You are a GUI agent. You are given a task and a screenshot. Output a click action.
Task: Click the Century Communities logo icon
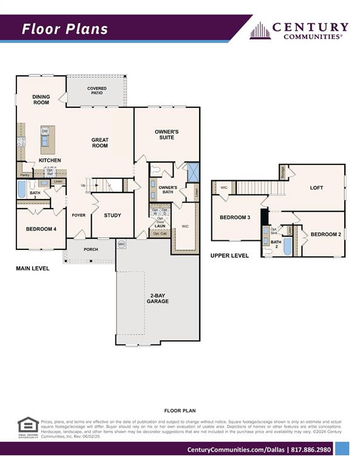click(260, 30)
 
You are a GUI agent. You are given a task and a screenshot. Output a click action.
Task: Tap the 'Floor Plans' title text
click(65, 29)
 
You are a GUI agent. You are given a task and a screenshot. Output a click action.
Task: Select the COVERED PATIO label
click(97, 91)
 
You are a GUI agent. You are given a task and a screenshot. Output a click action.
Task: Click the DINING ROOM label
click(41, 100)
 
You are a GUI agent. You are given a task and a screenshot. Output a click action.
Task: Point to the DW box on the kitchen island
click(45, 131)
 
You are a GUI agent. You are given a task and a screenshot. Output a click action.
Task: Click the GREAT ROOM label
click(100, 143)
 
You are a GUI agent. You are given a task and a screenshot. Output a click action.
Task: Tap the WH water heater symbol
click(121, 244)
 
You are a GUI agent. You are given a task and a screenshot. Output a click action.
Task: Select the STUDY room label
click(112, 215)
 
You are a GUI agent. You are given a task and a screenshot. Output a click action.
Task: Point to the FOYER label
click(79, 215)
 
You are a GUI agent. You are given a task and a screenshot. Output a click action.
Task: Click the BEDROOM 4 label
click(41, 229)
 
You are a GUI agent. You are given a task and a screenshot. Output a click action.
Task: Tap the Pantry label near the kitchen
click(24, 175)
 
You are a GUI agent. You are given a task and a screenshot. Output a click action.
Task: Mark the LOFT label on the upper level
click(316, 187)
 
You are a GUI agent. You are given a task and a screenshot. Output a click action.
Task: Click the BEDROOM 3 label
click(235, 217)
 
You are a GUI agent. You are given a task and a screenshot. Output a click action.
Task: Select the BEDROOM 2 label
click(326, 234)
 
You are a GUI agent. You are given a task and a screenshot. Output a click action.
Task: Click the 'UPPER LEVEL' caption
click(229, 256)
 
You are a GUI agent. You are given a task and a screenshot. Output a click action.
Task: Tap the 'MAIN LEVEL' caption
click(33, 268)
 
